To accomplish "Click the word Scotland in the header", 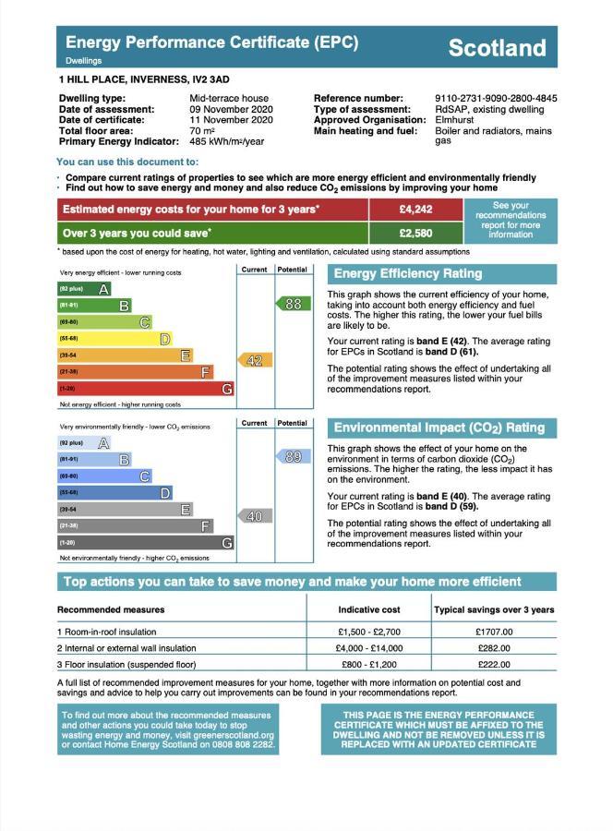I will [x=497, y=48].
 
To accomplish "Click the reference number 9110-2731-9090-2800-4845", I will [x=495, y=99].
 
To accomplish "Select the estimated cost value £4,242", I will [x=415, y=210].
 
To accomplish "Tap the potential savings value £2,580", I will [x=415, y=234].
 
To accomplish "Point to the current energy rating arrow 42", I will [x=254, y=361].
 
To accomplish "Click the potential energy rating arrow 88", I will [x=293, y=304].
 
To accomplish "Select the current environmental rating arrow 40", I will [x=254, y=516].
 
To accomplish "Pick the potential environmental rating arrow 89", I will [x=293, y=457].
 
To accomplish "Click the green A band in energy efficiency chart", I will [x=84, y=289].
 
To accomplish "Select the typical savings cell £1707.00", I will [x=494, y=632].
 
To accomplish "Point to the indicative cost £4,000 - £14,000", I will [x=369, y=648].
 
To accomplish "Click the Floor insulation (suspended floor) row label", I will [x=126, y=665].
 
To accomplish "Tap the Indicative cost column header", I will [x=369, y=609].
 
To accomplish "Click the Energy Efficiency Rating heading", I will [x=407, y=273].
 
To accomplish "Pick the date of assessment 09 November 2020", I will [x=231, y=109].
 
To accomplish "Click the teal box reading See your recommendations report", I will [x=511, y=221].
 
